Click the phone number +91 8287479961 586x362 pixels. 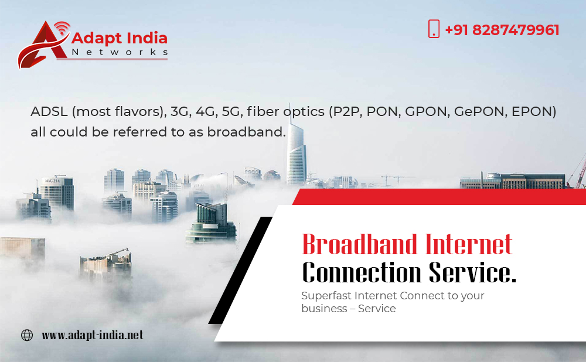tap(502, 30)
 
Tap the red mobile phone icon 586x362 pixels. tap(434, 29)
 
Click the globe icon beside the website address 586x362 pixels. tap(27, 335)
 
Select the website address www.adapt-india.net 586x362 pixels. tap(93, 335)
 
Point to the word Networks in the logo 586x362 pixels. tap(120, 52)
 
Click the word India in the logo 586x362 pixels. tap(147, 37)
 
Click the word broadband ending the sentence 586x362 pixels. tap(244, 132)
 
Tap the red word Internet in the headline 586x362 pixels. tap(469, 245)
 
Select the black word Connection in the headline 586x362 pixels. tap(362, 272)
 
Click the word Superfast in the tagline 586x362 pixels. tap(326, 295)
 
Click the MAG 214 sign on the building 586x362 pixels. tap(52, 181)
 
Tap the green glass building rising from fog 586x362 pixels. tap(211, 223)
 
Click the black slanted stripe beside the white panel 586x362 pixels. tap(241, 270)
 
